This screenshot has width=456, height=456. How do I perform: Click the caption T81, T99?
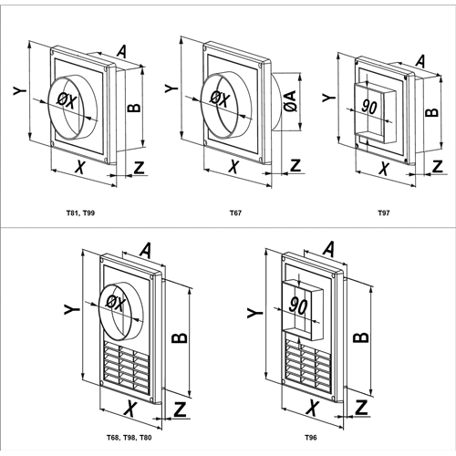80,213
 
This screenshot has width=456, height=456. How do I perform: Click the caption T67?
235,213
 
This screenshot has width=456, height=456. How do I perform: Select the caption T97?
384,213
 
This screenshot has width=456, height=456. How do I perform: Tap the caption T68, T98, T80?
129,438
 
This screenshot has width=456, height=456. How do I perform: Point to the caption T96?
311,438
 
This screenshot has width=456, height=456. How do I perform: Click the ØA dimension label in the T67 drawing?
291,101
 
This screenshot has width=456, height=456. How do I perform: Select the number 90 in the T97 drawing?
369,107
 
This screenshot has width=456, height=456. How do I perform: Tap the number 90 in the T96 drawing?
299,306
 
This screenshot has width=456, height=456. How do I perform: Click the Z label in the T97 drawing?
438,166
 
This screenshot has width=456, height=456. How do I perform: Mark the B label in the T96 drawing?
361,337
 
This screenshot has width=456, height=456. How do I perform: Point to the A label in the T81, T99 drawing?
122,51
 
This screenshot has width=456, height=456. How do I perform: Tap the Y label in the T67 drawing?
171,88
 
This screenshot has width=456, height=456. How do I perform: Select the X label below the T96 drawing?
312,408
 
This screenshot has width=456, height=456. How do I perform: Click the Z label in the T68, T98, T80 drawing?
180,409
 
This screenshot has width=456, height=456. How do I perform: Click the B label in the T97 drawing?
431,112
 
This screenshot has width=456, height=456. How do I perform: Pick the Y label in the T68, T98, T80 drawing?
72,310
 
